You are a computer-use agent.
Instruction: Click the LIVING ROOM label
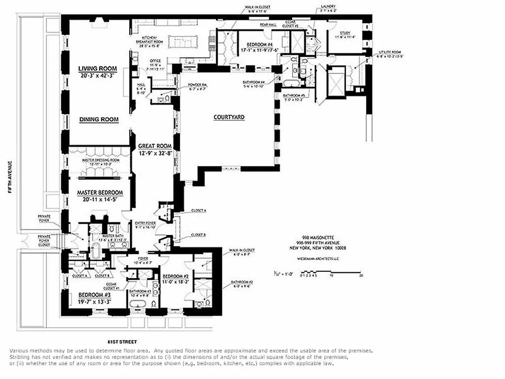(97, 69)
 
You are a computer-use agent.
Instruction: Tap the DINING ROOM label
(98, 119)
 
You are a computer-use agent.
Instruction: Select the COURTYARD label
(229, 117)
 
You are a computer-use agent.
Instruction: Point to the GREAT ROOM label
(154, 146)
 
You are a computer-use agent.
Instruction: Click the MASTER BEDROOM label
(100, 193)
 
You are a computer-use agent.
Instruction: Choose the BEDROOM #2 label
(176, 276)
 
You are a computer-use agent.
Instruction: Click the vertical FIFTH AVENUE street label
(9, 177)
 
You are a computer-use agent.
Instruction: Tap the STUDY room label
(345, 33)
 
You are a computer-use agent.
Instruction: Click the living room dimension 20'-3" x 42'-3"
(97, 75)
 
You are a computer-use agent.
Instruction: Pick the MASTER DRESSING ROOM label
(100, 160)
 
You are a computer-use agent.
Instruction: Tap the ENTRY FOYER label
(145, 223)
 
